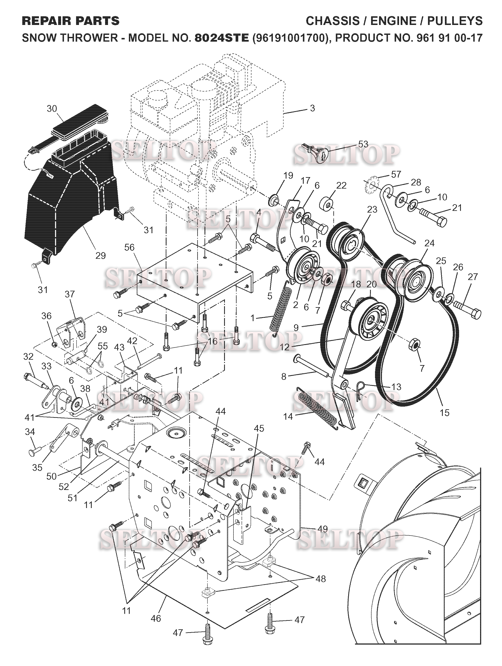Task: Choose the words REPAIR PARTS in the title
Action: click(71, 21)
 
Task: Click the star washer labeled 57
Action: click(373, 183)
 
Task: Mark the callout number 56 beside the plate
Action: click(129, 248)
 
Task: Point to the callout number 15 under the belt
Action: click(444, 412)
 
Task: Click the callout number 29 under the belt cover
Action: click(100, 256)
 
